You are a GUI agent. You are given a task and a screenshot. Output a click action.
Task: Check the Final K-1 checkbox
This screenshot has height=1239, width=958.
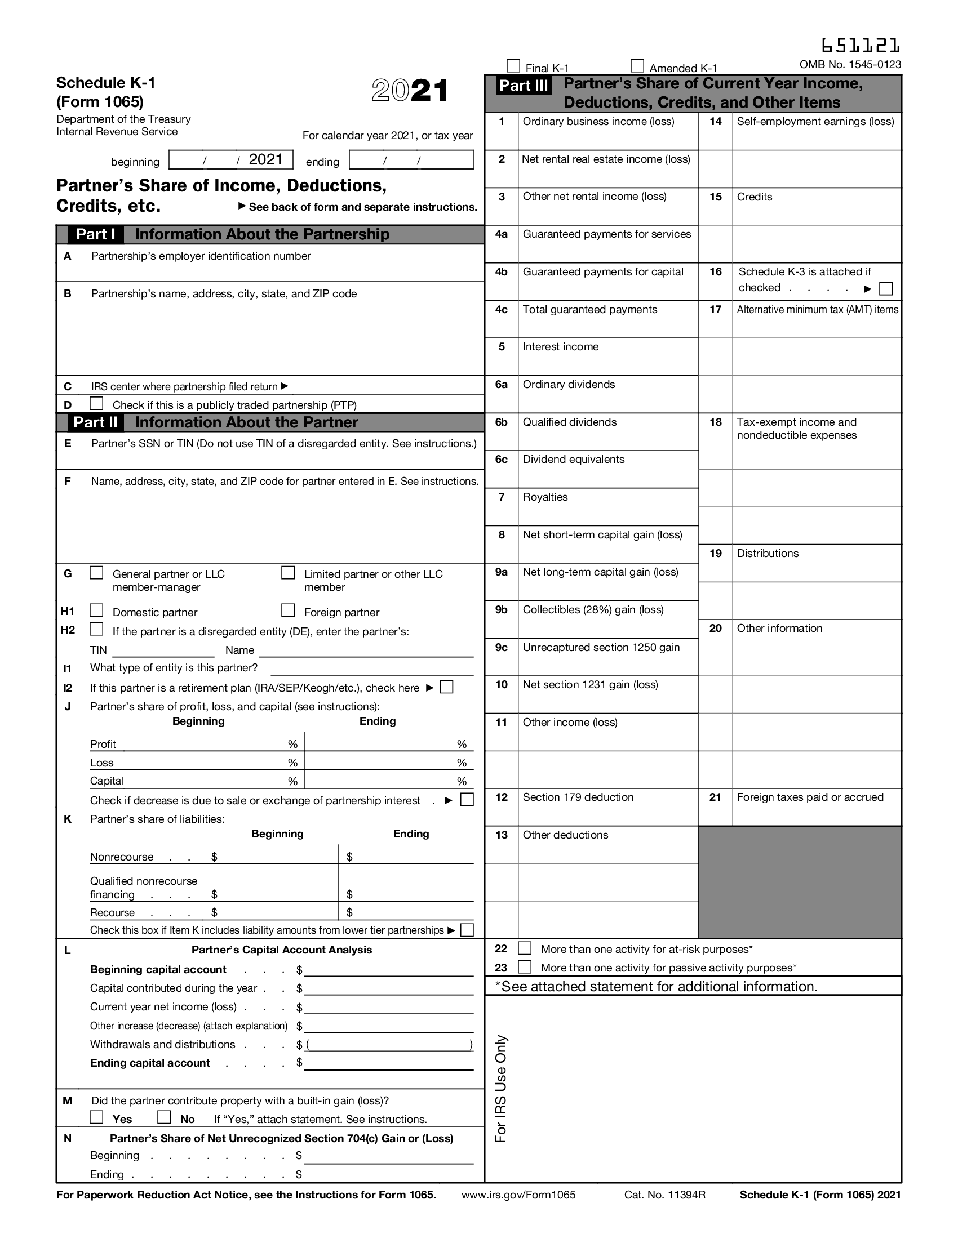(513, 66)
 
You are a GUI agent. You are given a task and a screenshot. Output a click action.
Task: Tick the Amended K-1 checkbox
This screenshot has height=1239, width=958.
(637, 66)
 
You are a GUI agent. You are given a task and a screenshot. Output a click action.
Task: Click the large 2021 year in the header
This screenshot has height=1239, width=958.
(410, 91)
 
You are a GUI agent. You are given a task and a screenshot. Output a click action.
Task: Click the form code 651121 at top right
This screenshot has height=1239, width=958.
(861, 46)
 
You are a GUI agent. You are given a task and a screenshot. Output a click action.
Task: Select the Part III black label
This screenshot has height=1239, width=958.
(524, 86)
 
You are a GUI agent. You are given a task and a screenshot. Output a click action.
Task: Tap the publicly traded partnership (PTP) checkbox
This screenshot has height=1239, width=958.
(97, 403)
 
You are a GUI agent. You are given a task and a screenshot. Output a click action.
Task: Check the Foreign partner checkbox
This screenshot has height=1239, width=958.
(289, 610)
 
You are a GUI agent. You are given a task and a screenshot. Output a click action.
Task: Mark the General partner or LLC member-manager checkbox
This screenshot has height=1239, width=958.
(97, 572)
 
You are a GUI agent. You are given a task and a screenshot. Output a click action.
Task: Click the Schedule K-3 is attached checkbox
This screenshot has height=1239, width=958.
(885, 289)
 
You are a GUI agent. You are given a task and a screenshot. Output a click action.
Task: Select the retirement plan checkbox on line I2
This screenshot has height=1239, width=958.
(447, 687)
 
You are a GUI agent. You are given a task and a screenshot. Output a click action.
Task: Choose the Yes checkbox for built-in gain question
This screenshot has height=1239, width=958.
(97, 1117)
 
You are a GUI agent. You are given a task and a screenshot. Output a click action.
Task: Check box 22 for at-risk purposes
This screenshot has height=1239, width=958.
(525, 948)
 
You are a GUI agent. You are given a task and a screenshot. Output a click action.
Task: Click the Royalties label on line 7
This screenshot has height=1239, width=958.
(545, 497)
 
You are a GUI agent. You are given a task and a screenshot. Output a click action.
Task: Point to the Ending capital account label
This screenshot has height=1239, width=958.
(150, 1063)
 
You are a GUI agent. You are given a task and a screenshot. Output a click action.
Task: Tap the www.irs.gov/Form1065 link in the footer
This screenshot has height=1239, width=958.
(518, 1195)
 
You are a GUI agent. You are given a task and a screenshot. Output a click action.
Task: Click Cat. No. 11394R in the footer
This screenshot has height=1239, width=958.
(664, 1195)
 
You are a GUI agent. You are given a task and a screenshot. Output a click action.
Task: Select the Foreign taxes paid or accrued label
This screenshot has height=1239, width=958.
(810, 797)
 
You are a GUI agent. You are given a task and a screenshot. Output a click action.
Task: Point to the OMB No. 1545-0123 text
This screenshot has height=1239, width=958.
(850, 64)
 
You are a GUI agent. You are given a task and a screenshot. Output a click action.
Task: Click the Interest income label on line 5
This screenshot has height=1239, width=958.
(560, 346)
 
